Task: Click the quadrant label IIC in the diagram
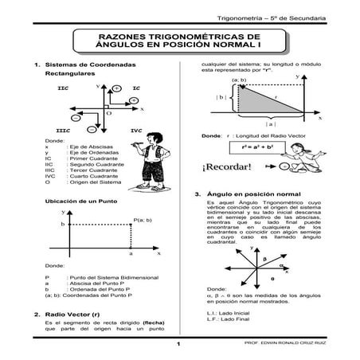click(63, 86)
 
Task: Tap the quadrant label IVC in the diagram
click(136, 129)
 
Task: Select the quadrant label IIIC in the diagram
click(65, 129)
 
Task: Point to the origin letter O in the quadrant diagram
click(108, 113)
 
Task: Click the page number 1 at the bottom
click(180, 344)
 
